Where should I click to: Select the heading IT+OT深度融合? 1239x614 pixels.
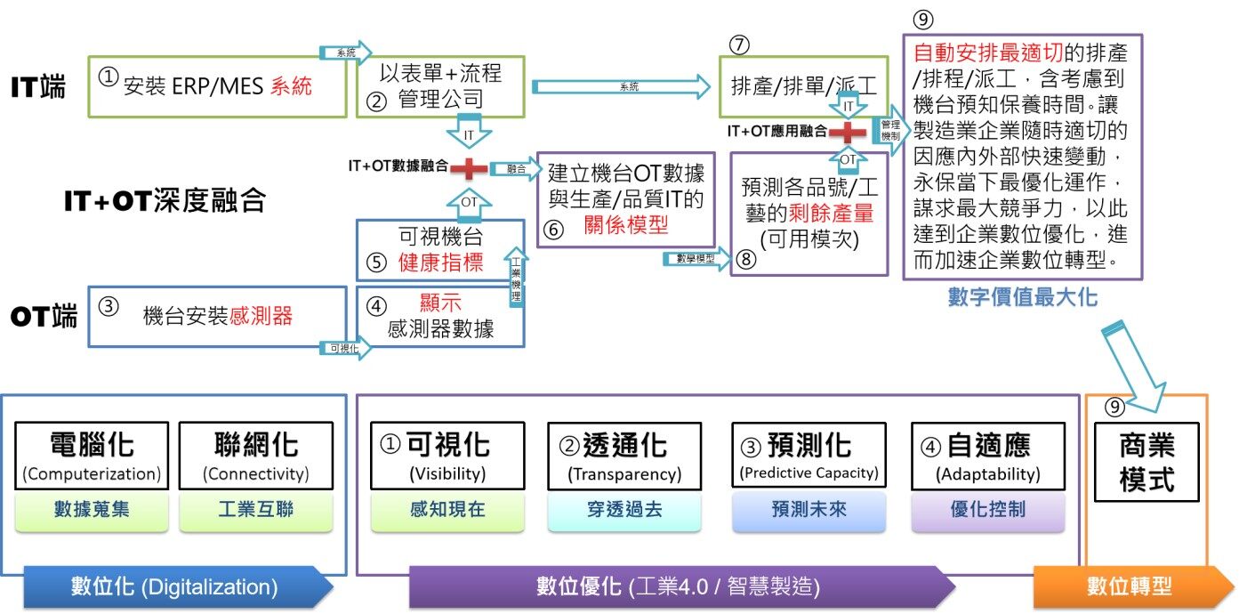tap(165, 201)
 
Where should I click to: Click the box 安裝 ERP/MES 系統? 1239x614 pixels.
tap(217, 86)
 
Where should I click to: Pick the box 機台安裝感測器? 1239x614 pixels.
tap(217, 316)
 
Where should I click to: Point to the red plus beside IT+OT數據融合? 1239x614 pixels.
tap(467, 167)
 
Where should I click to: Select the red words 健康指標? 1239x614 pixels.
tap(440, 264)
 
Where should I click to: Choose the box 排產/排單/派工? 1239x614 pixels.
tap(803, 86)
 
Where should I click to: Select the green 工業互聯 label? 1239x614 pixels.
tap(256, 511)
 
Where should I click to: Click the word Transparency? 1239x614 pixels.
tap(624, 474)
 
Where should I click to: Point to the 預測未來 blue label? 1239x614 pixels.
tap(809, 511)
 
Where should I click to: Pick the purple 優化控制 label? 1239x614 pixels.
tap(987, 511)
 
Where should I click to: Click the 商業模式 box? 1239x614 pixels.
tap(1146, 461)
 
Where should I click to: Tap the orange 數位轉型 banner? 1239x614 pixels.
tap(1129, 586)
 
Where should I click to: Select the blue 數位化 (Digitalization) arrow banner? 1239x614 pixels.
tap(174, 587)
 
